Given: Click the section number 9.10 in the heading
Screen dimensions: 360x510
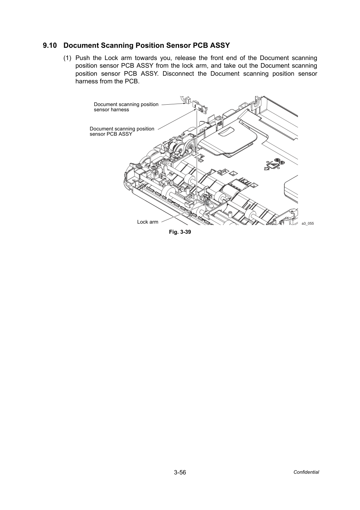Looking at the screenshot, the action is (50, 46).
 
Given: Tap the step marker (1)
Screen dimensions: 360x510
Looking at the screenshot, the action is (67, 58).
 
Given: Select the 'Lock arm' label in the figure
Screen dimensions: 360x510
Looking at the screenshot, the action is (148, 222).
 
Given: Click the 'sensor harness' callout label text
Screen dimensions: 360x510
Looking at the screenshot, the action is (112, 110).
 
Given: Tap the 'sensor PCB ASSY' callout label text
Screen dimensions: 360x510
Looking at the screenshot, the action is (111, 134).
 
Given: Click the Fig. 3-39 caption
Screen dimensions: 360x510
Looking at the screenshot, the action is (180, 232).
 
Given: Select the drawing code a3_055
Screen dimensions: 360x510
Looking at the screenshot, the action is (308, 223).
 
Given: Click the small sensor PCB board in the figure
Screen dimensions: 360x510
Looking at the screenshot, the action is (200, 107).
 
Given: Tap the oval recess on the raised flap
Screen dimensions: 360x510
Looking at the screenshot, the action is (226, 131).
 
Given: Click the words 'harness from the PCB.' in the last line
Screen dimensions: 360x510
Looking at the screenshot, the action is (107, 82).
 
